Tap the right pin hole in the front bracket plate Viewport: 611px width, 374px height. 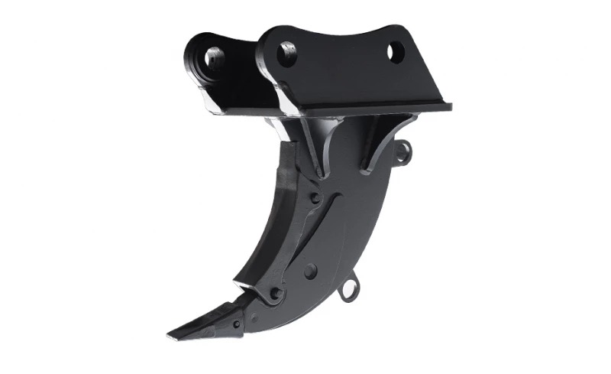[x=395, y=53]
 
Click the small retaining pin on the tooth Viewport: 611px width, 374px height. [x=236, y=324]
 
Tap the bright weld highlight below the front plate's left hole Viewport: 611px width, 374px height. [x=288, y=99]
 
